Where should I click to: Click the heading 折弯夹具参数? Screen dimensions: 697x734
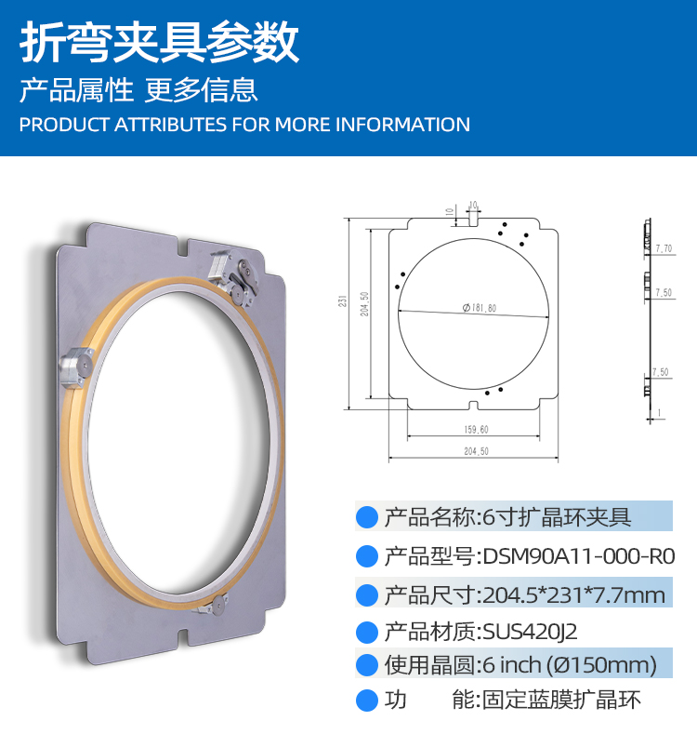[x=159, y=43]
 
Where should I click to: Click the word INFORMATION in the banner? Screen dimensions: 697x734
[x=402, y=125]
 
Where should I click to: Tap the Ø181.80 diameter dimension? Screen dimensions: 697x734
[x=479, y=308]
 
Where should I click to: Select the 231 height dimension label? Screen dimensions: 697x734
[x=342, y=301]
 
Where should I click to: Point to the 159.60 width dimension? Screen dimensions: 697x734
[x=476, y=429]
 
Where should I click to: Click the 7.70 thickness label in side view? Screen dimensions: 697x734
[x=664, y=248]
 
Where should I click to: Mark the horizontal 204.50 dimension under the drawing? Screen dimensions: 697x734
[x=476, y=451]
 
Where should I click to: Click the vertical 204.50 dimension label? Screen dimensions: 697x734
[x=364, y=304]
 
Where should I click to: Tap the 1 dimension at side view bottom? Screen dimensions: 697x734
[x=659, y=412]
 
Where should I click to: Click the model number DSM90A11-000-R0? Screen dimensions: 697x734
[x=579, y=556]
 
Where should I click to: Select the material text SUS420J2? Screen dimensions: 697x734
[x=530, y=632]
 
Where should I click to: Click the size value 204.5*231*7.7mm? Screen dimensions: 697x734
[x=573, y=595]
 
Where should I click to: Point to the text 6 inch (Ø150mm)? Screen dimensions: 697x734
[x=570, y=665]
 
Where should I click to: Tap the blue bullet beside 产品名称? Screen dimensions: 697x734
[x=367, y=518]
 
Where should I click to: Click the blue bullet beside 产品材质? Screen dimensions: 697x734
[x=367, y=633]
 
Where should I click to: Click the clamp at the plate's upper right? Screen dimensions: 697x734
[x=234, y=277]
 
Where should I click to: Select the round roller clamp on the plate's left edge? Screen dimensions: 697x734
[x=77, y=367]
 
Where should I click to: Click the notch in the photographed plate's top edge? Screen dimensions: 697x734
[x=183, y=247]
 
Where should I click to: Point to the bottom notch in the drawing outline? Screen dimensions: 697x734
[x=474, y=406]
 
